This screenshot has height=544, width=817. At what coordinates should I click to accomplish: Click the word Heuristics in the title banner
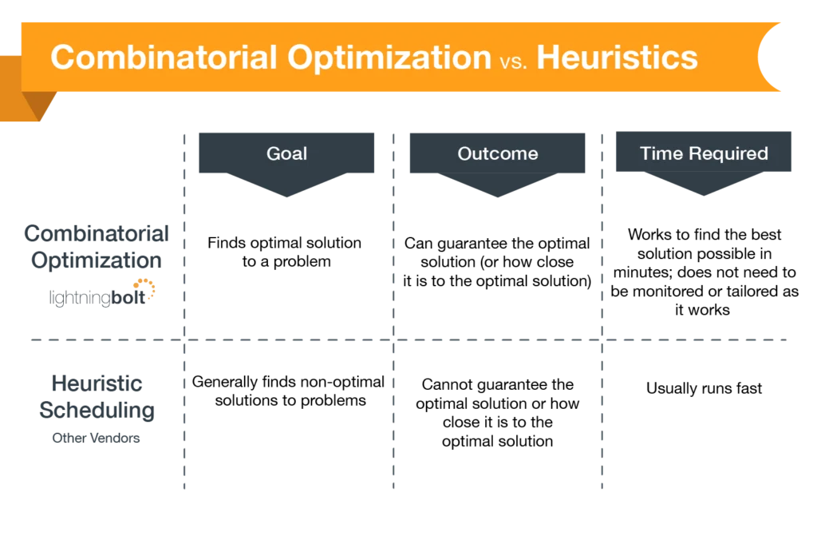[617, 58]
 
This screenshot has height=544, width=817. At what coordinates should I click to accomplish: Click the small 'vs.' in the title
[513, 62]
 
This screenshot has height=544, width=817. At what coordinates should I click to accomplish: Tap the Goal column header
[286, 153]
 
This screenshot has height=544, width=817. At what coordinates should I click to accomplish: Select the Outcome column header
[498, 153]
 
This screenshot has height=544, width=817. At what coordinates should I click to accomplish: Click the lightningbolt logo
[102, 293]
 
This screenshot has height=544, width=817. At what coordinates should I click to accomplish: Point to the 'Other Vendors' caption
[96, 438]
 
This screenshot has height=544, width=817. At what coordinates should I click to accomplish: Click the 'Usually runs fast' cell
[704, 388]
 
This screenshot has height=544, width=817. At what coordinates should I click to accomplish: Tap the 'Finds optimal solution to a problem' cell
[285, 252]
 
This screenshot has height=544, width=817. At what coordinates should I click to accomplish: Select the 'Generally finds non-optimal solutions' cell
[288, 391]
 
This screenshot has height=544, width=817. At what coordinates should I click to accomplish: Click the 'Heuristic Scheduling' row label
[97, 397]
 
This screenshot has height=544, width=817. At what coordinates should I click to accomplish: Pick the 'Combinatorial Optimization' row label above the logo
[97, 247]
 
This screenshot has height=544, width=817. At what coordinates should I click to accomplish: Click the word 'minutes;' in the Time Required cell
[643, 272]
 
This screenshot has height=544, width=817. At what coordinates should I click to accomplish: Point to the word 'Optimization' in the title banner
[389, 58]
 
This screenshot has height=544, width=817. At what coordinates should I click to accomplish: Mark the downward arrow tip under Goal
[286, 196]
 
